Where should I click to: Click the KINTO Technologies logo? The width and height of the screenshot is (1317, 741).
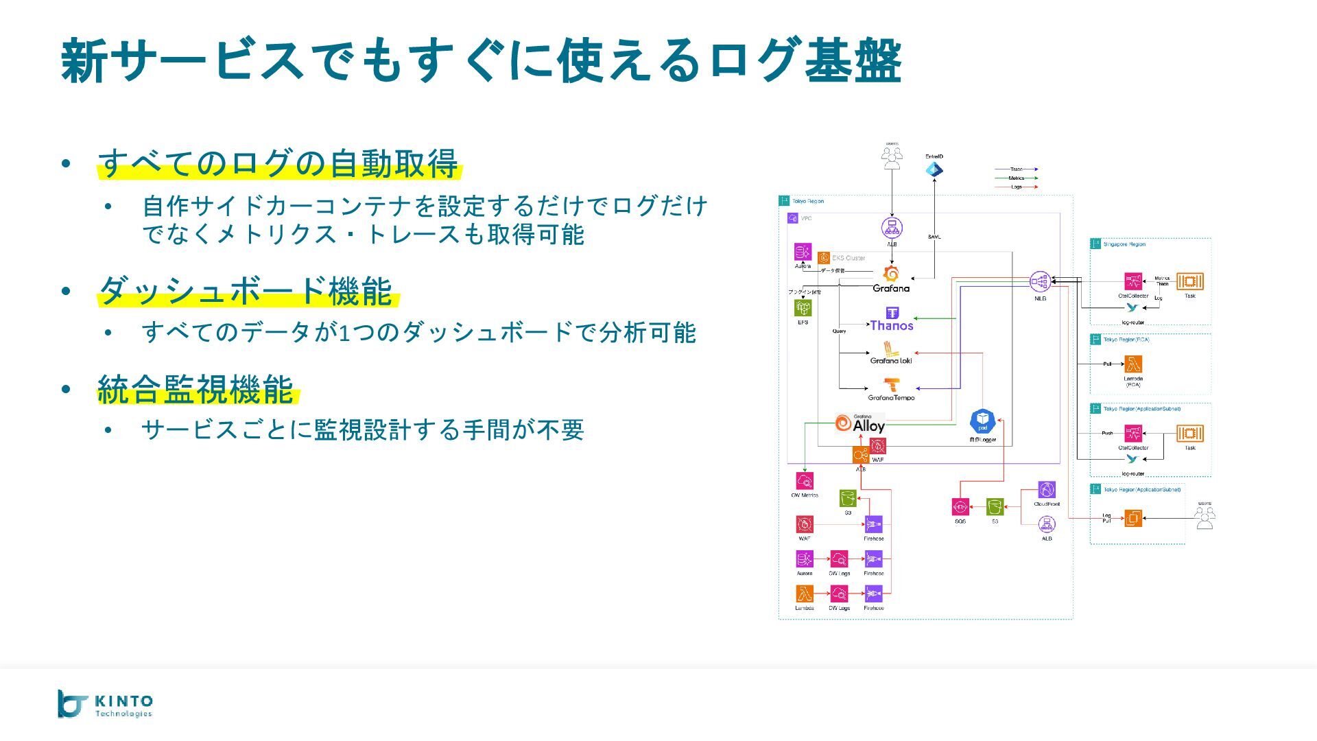[105, 704]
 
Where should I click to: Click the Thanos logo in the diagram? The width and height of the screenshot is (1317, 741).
[892, 320]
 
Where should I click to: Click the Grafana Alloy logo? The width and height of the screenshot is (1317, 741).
[860, 424]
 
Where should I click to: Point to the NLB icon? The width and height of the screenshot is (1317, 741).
[1040, 281]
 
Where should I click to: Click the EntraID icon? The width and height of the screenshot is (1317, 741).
[934, 169]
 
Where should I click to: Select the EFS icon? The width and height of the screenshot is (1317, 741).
[803, 308]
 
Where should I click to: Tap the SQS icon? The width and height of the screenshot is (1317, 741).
[960, 507]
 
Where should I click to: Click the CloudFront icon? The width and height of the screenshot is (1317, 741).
[1047, 490]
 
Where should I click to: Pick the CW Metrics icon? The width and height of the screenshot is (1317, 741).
[805, 481]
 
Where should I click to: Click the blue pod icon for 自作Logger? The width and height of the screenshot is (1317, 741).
[982, 421]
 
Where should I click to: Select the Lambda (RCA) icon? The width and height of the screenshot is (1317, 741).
[1133, 364]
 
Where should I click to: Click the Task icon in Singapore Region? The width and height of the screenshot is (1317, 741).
[1190, 281]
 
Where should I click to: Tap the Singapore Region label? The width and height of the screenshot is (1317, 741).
[1124, 244]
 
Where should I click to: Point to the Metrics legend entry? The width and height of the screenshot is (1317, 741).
[1017, 178]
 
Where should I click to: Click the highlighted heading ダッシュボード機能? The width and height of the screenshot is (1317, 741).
[246, 291]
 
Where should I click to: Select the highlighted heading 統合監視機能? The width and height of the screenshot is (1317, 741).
[196, 389]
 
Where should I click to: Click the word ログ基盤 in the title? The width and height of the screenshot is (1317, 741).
[805, 60]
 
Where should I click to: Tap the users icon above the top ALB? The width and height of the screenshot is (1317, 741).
[892, 158]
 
